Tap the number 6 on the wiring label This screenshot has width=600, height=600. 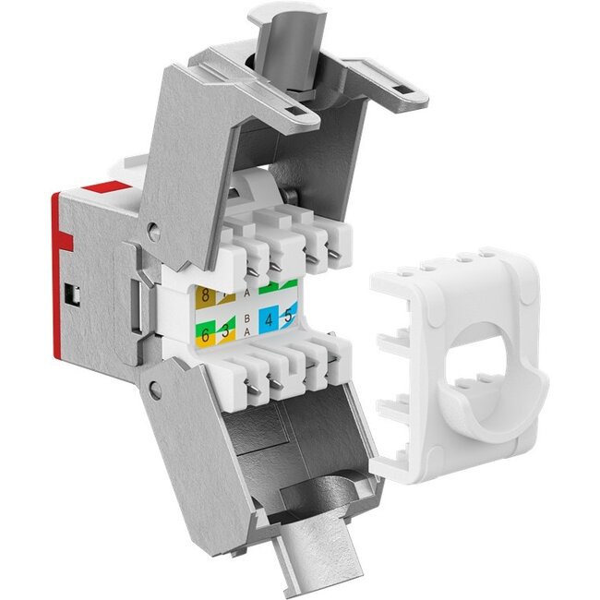[204, 334]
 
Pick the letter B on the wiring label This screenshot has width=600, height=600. [246, 317]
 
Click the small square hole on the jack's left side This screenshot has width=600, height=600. [72, 296]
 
